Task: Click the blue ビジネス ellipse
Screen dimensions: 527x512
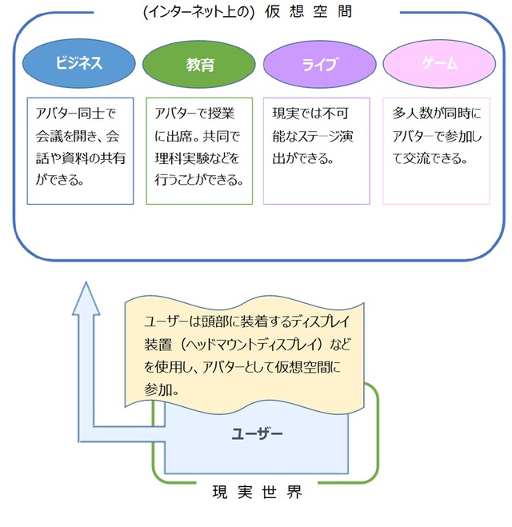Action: pos(78,63)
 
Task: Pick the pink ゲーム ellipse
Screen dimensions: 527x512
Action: pos(439,63)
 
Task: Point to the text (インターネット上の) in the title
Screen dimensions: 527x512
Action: pos(199,12)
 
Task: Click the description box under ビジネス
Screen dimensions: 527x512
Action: pos(79,150)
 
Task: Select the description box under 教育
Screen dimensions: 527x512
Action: pos(199,150)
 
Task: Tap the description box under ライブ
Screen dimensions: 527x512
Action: pos(317,150)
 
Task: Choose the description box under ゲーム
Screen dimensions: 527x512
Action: pos(437,150)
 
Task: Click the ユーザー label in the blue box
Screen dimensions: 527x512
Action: pos(258,433)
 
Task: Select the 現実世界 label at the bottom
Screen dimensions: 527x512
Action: pos(257,493)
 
